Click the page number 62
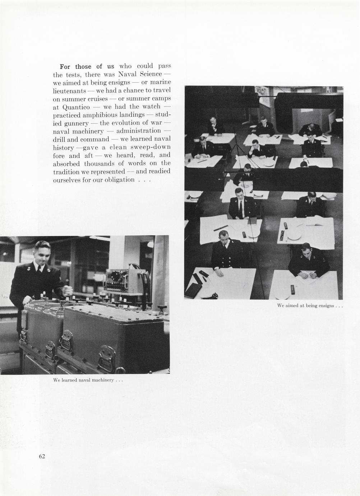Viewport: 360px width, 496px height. [x=42, y=456]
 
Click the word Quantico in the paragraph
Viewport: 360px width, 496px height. [x=76, y=107]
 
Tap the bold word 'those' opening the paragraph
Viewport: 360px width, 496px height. [x=83, y=66]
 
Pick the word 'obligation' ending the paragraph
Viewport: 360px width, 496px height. [x=120, y=180]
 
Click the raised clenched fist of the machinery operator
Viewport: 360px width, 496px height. [x=68, y=289]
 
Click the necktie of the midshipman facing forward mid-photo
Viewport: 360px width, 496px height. [x=241, y=207]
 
